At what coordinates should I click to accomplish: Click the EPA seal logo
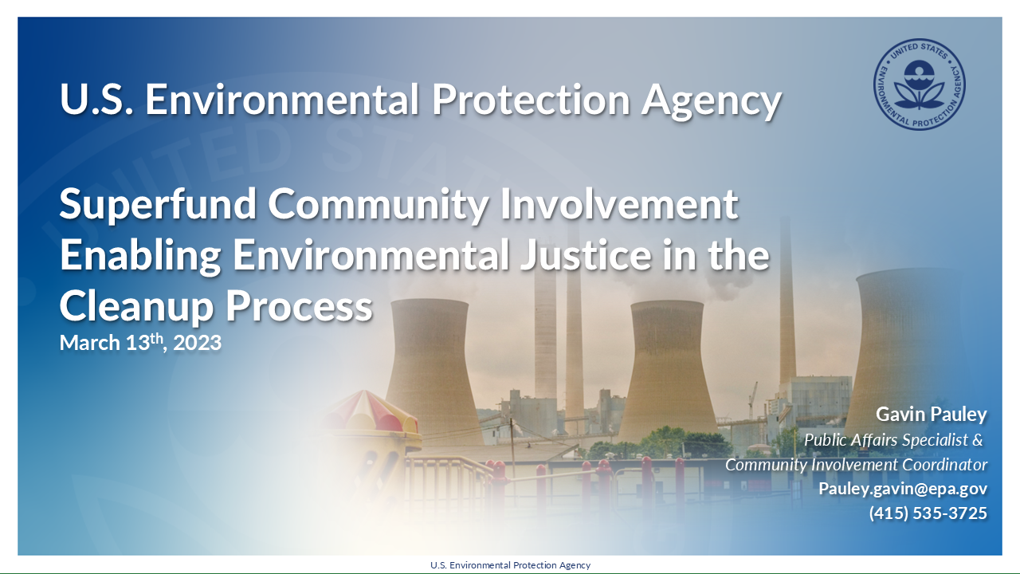(919, 87)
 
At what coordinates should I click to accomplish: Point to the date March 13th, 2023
(140, 344)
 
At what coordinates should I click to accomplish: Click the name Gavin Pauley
(931, 415)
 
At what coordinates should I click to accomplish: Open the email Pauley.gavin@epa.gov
(903, 489)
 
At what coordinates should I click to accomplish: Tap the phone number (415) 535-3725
(928, 513)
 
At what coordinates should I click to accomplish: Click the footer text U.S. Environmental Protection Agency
(510, 565)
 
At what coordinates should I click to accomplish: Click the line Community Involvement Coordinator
(856, 464)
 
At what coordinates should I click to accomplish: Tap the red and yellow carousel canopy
(371, 411)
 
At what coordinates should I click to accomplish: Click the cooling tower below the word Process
(430, 367)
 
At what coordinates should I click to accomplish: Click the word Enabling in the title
(140, 255)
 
